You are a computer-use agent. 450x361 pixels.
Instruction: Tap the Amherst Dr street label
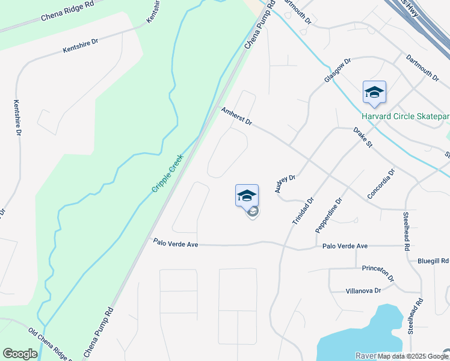[x=236, y=117]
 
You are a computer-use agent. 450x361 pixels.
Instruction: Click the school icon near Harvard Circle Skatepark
[x=374, y=93]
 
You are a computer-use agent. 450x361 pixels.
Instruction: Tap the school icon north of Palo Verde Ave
[x=247, y=196]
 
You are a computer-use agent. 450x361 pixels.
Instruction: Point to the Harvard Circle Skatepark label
[x=405, y=116]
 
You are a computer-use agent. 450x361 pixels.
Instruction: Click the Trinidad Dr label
[x=303, y=211]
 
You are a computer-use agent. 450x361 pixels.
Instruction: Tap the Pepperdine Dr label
[x=328, y=215]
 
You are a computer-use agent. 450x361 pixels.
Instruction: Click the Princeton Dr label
[x=378, y=274]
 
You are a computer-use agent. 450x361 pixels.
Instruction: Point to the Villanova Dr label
[x=363, y=291]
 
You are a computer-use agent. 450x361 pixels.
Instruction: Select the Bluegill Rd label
[x=433, y=261]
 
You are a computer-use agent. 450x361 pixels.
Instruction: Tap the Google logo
[x=20, y=354]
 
